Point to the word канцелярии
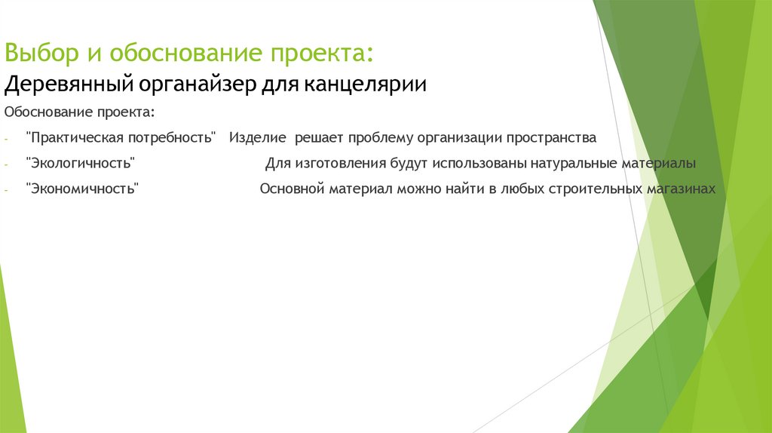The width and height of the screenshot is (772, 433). coord(365,84)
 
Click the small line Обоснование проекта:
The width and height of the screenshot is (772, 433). coord(80,112)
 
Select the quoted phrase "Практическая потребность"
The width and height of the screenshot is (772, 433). coord(121,138)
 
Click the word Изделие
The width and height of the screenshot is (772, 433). coord(258,138)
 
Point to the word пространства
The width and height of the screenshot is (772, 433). coord(550,138)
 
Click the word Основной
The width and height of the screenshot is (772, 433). coord(292,189)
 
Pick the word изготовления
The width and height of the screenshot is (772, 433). coord(341,164)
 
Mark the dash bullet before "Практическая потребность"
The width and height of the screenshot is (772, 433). coord(6,139)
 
